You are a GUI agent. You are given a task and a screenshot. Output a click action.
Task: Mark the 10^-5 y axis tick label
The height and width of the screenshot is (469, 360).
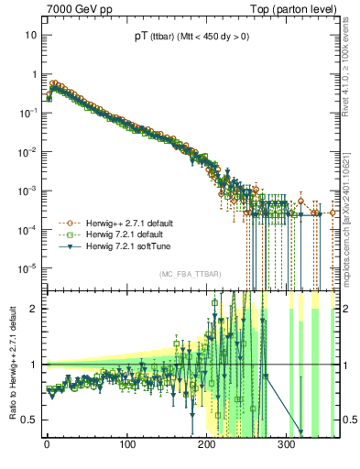pos(28,267)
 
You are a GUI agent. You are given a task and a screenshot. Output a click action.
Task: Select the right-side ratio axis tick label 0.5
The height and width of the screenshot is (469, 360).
pos(349,420)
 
